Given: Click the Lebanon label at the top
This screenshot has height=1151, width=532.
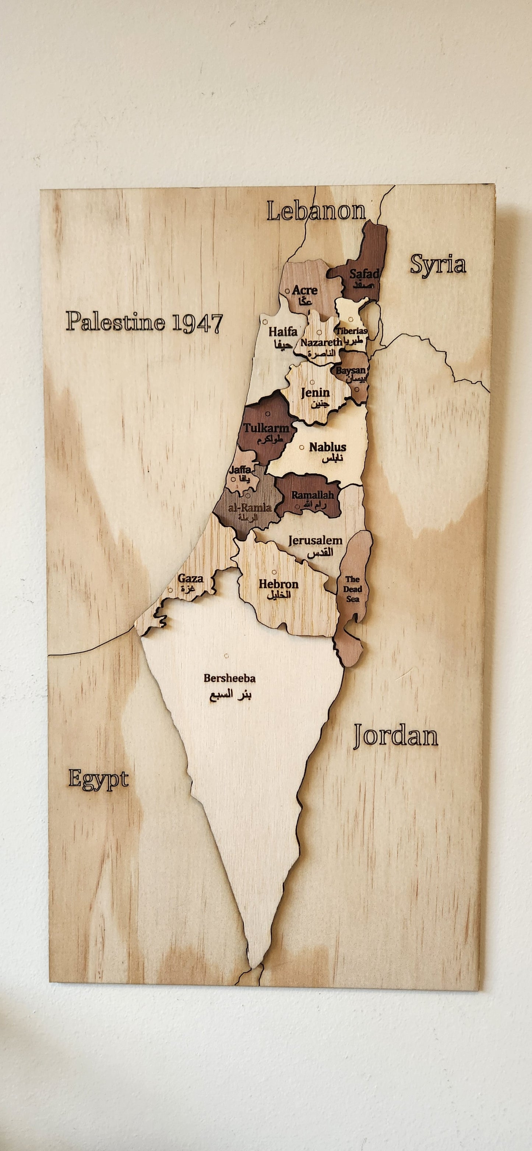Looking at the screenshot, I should tap(316, 211).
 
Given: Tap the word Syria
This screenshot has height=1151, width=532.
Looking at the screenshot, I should tap(438, 264).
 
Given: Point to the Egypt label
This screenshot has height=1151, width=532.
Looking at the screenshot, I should tap(98, 780).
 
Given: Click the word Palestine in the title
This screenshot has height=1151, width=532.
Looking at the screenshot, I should tap(115, 321).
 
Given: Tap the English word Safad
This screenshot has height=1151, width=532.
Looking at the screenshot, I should tap(364, 273).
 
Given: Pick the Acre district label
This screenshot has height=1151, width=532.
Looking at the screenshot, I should tap(304, 290).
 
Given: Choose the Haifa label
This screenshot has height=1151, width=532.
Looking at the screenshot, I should tap(282, 332).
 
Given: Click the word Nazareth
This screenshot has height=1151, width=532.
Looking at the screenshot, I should tap(321, 342).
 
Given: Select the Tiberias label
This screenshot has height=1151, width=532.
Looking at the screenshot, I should tap(352, 331).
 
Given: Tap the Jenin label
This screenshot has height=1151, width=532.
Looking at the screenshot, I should tap(315, 392).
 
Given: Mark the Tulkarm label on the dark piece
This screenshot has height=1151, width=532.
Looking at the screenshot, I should tap(266, 428).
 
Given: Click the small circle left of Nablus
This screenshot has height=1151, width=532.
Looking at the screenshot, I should tap(302, 447).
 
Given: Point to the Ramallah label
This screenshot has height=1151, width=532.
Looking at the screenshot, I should tap(313, 495).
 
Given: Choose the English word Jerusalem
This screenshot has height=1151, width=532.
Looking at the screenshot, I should tap(315, 540).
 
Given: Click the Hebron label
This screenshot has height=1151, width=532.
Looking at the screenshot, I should tap(278, 584).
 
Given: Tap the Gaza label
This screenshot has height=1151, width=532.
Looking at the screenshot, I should tap(190, 578).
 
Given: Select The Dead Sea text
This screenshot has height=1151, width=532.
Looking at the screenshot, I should tap(353, 589).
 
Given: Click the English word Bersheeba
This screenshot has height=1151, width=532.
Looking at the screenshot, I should tap(229, 678).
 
